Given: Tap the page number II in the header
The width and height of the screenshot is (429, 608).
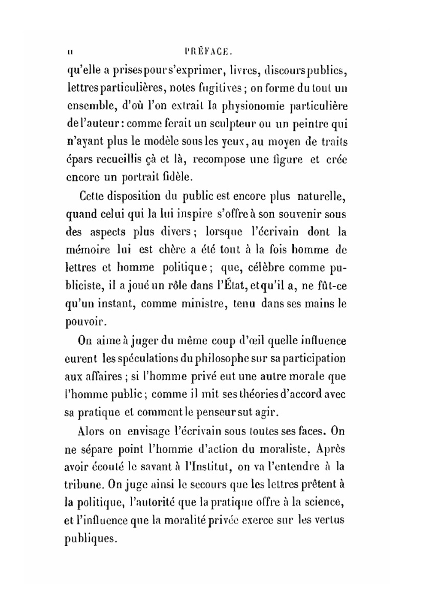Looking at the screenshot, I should (x=70, y=52).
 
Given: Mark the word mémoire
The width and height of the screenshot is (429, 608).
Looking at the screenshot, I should (x=88, y=250).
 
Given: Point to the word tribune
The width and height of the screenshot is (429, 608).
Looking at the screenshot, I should (x=84, y=485).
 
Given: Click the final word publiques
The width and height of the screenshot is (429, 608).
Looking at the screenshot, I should (x=91, y=538).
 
